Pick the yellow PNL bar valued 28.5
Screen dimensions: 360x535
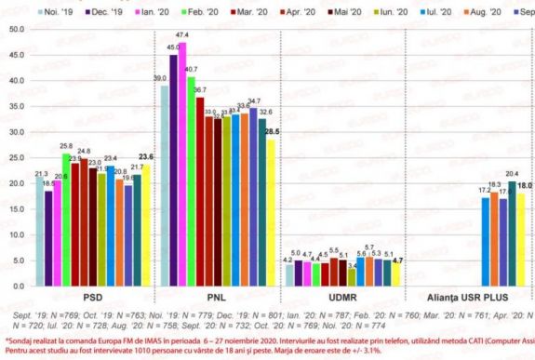click(272, 213)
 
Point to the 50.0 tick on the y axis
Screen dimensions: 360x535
click(14, 30)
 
